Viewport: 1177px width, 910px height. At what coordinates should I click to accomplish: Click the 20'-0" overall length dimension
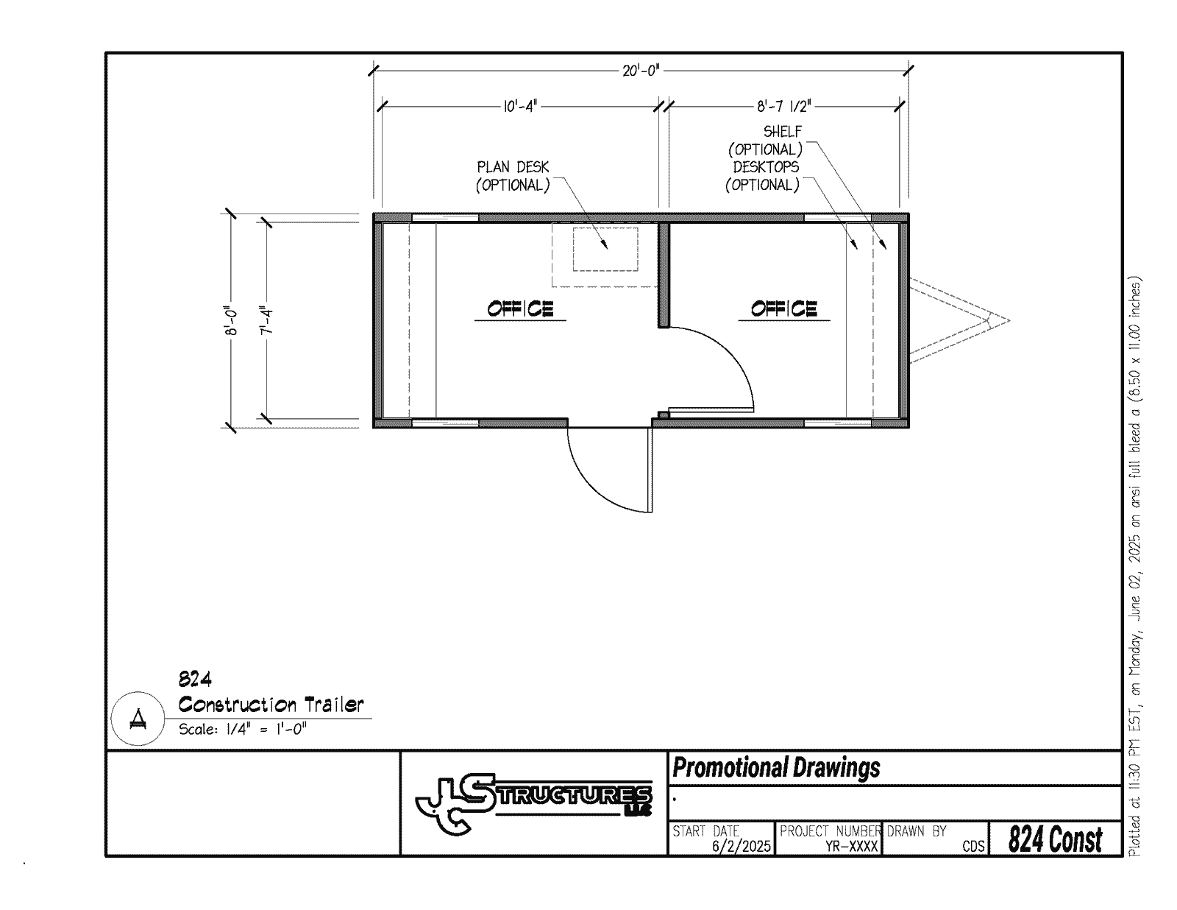click(x=641, y=71)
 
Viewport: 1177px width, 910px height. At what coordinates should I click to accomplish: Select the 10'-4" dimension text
click(x=520, y=107)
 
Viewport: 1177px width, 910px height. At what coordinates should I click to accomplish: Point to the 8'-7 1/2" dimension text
click(x=784, y=107)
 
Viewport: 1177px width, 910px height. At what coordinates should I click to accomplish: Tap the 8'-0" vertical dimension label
click(x=231, y=320)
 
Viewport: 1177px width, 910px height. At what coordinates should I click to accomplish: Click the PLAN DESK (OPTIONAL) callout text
click(x=513, y=176)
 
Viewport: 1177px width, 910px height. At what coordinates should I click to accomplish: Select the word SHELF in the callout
click(x=782, y=132)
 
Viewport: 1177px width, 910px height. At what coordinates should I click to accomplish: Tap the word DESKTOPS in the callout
click(x=766, y=167)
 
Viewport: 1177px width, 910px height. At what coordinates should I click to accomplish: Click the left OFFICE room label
click(x=520, y=309)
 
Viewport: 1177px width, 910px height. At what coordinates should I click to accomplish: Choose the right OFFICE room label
click(x=783, y=309)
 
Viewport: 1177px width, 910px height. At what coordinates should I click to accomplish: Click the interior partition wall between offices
click(x=664, y=275)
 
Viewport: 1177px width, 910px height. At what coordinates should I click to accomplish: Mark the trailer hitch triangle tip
click(x=1009, y=320)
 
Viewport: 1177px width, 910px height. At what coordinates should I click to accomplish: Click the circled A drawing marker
click(x=138, y=719)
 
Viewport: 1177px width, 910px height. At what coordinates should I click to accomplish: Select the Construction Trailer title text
click(x=271, y=705)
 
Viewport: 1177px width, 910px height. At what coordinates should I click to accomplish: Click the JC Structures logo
click(x=533, y=803)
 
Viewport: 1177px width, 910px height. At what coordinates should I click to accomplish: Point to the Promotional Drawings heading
click(x=776, y=767)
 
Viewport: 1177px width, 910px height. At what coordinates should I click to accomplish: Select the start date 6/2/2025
click(x=741, y=846)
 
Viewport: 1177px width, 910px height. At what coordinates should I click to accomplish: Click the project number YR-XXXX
click(x=851, y=846)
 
